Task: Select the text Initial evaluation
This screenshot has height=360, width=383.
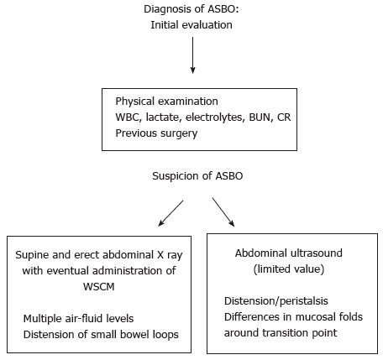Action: pos(191,25)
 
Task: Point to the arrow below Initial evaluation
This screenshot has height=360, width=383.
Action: pos(192,55)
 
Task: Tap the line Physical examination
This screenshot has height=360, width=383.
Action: pos(166,102)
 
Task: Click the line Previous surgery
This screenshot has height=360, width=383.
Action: pos(156,133)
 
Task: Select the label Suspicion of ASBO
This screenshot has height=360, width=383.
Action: pos(197,176)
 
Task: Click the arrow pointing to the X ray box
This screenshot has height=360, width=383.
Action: pos(171,213)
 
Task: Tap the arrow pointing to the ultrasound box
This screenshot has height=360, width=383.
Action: pos(223,212)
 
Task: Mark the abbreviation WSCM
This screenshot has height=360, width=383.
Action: pos(99,287)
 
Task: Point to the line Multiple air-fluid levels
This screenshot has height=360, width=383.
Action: pos(78,319)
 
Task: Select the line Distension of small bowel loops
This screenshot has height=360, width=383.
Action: pos(101,335)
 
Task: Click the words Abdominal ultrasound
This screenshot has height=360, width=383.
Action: pos(289,253)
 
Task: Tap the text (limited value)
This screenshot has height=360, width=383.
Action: pos(289,269)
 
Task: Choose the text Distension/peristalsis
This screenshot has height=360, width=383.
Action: pos(276,301)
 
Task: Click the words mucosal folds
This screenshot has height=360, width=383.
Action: pos(329,317)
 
